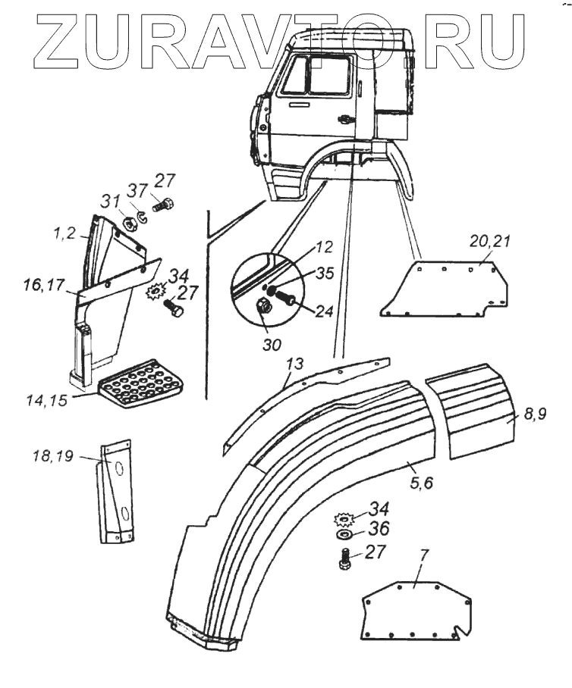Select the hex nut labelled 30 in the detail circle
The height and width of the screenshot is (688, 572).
click(266, 308)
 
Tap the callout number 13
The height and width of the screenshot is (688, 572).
click(294, 367)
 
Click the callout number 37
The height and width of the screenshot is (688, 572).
click(137, 189)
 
